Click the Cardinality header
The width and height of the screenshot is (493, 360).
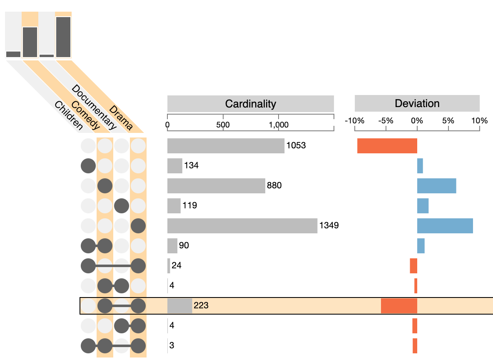250,103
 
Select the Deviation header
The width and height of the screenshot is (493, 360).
417,103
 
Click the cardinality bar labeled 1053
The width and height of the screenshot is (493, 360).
226,146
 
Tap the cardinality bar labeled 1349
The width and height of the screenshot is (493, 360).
242,226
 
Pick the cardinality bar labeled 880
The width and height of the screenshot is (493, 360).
216,186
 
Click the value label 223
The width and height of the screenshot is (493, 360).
201,306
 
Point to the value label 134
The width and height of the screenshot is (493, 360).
191,166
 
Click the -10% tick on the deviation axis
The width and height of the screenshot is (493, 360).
355,121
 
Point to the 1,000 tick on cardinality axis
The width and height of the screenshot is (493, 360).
279,124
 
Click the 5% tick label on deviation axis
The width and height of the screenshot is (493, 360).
448,121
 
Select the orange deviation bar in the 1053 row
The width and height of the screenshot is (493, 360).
387,146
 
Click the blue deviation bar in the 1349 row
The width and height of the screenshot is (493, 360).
445,226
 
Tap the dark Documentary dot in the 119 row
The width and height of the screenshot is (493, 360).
122,206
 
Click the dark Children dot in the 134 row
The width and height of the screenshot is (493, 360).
88,166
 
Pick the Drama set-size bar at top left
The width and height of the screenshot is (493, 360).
63,37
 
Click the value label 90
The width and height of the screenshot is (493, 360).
184,246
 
